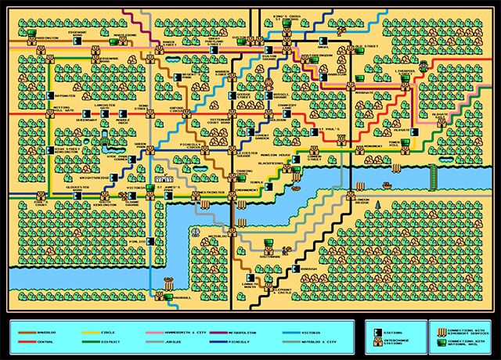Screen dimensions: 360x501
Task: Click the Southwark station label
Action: (269, 256)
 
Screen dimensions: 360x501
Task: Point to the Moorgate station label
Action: (363, 92)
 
